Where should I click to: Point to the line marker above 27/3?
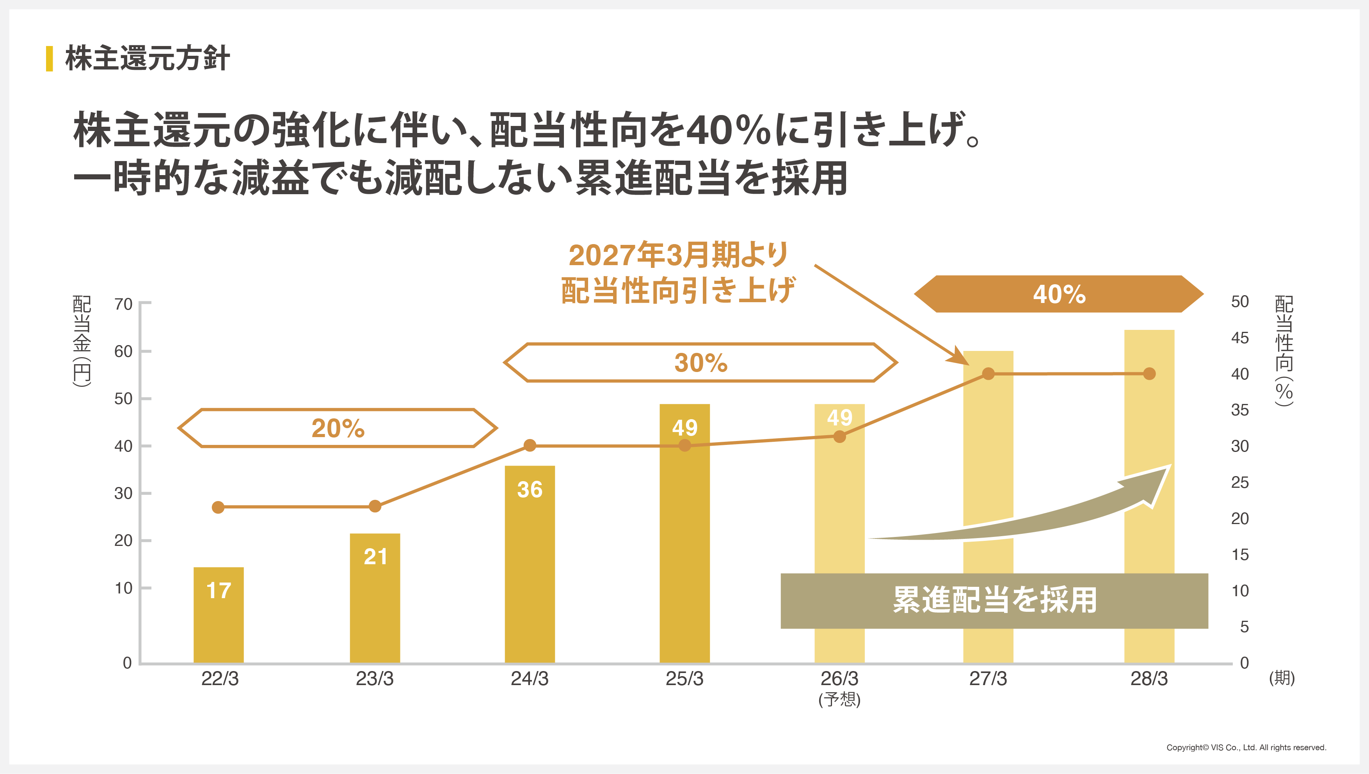point(988,374)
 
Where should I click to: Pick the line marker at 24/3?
point(530,445)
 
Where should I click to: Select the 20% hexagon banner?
point(337,428)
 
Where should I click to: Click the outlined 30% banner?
point(701,363)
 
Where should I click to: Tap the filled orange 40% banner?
point(1058,294)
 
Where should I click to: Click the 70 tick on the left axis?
point(123,304)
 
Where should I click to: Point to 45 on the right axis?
point(1240,338)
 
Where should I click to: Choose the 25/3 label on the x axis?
point(684,679)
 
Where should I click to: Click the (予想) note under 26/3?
point(839,699)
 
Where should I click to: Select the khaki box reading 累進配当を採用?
point(994,601)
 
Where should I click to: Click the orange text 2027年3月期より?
point(678,255)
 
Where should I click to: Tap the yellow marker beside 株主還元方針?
point(50,58)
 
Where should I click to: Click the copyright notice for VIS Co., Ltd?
point(1246,747)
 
